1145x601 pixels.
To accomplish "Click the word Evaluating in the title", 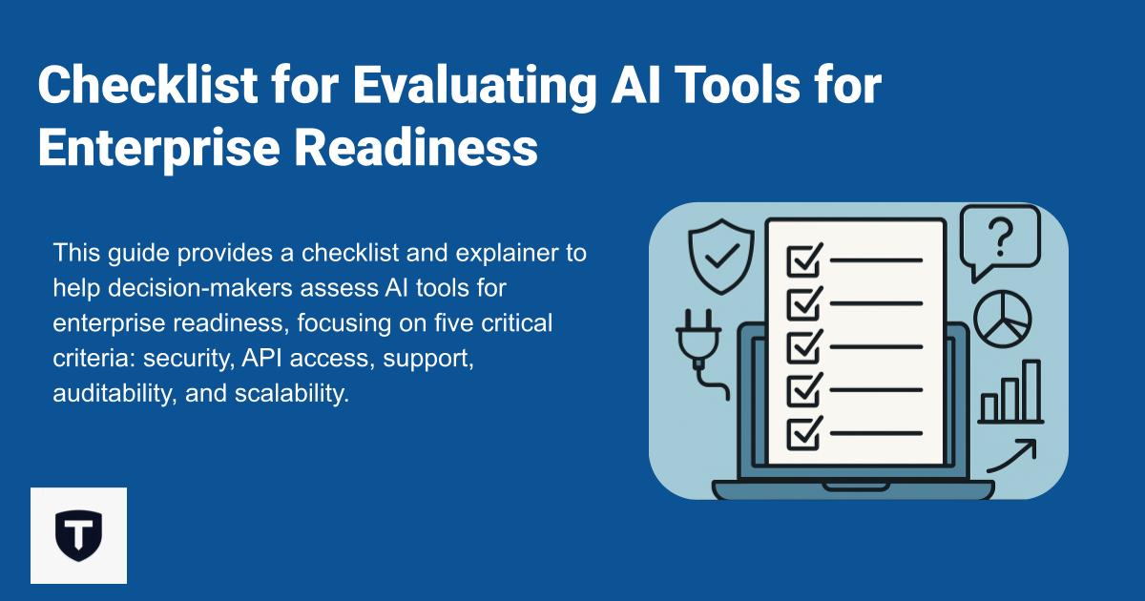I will pyautogui.click(x=473, y=88).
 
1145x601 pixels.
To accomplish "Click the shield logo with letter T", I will pyautogui.click(x=78, y=535).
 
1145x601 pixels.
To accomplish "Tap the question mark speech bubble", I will pyautogui.click(x=998, y=241).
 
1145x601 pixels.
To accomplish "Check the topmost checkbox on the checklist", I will pyautogui.click(x=803, y=259).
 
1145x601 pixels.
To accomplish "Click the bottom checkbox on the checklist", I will pyautogui.click(x=803, y=434).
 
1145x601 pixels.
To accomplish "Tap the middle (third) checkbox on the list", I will pyautogui.click(x=803, y=347).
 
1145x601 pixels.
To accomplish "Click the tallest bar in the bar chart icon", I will pyautogui.click(x=1031, y=390).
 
